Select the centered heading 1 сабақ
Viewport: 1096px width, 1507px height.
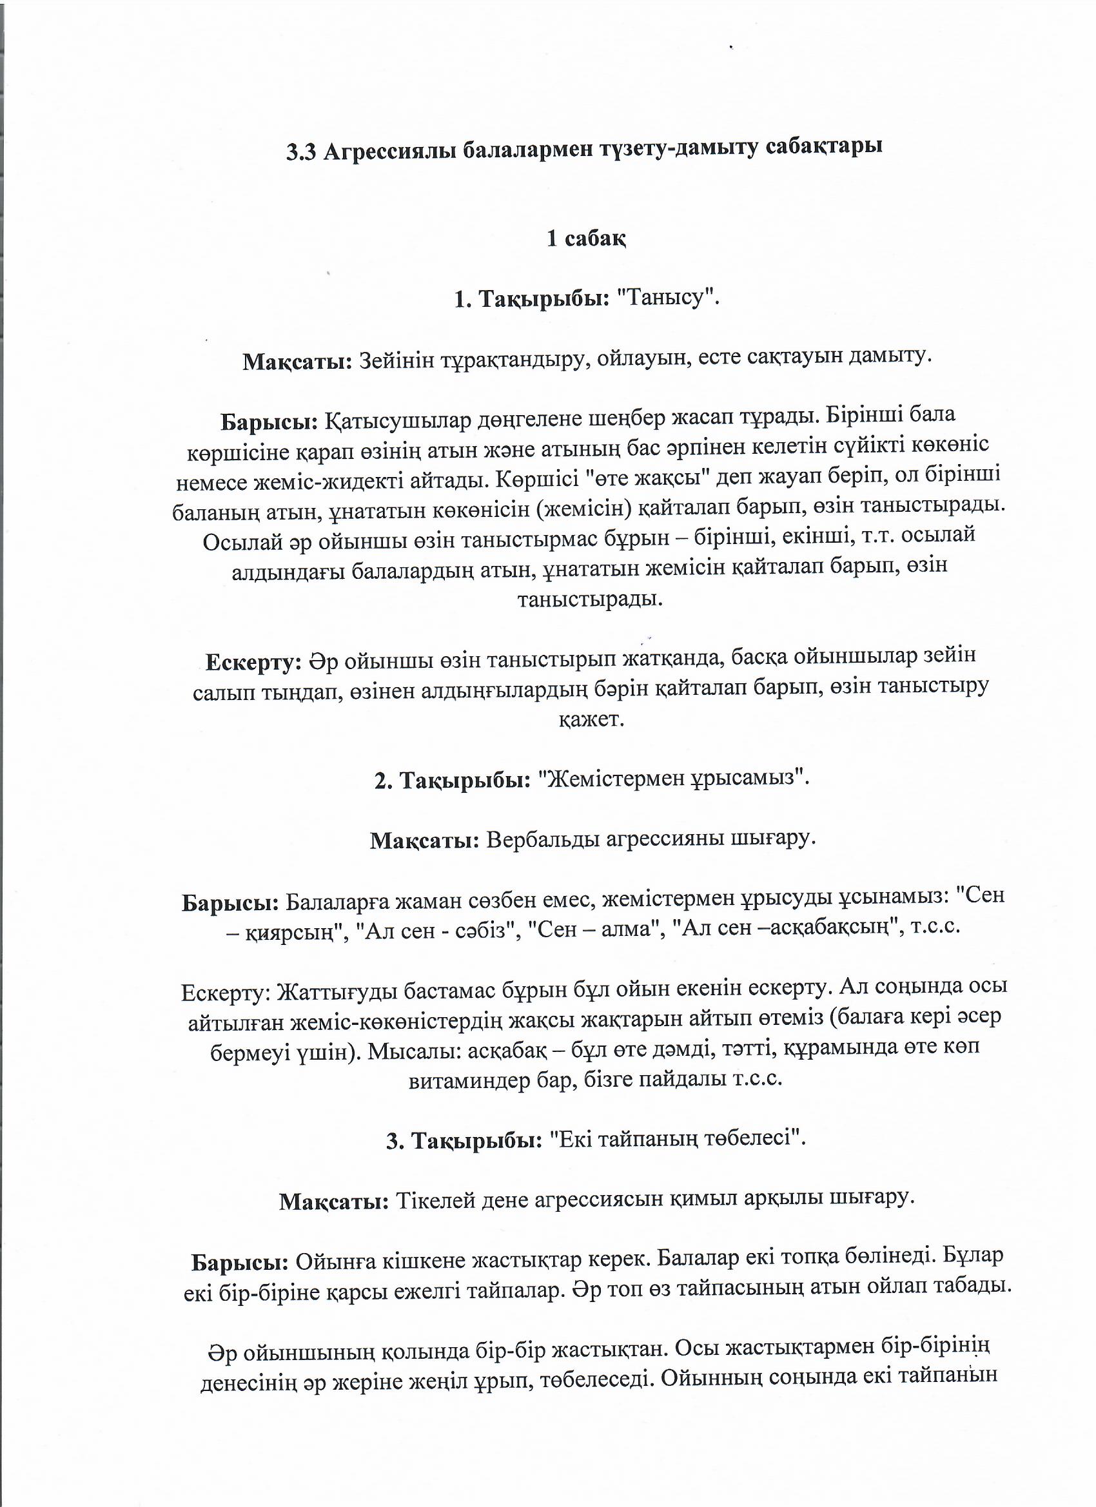[586, 238]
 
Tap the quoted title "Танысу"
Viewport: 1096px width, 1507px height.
[669, 298]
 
